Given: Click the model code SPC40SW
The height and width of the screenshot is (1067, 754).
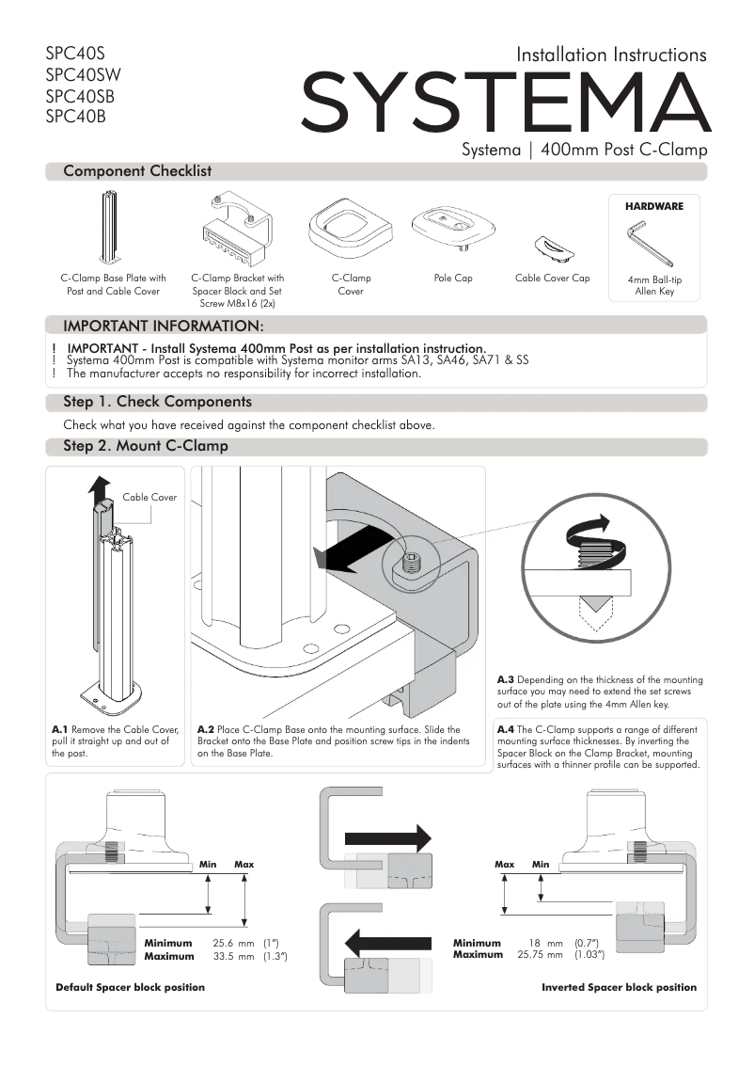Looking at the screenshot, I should coord(83,74).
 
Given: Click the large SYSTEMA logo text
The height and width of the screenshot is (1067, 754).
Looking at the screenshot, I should coord(506,103).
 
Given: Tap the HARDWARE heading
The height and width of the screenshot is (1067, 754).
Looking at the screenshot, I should coord(653,205).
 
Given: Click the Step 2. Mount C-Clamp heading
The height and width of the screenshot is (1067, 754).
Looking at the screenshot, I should coord(145,446).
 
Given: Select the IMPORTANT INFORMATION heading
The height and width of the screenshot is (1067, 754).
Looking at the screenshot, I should coord(162,326).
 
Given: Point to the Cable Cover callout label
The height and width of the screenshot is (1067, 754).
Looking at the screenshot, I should coord(149,497).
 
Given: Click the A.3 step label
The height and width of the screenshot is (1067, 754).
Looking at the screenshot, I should coord(505,679).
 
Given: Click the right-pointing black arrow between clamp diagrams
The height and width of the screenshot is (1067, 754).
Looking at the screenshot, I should coord(387,837).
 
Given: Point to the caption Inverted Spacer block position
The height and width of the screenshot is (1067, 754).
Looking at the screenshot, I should coord(619,987).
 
